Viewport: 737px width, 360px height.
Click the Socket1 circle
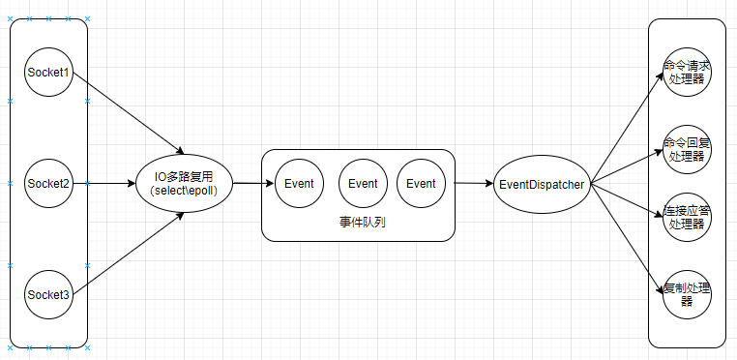point(48,73)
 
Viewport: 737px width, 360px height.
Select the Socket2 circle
point(48,183)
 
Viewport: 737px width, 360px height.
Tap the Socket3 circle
point(48,294)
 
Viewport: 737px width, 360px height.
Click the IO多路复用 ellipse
point(185,183)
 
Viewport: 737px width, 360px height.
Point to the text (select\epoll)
point(185,191)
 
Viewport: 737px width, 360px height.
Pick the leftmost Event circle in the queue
point(300,183)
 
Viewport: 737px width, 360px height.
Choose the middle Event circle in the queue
point(363,183)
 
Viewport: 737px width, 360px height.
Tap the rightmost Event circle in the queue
point(421,183)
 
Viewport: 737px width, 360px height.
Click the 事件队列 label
point(358,223)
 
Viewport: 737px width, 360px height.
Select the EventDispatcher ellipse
point(542,183)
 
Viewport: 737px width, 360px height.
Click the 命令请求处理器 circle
point(688,73)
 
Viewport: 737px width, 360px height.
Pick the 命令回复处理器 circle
point(688,150)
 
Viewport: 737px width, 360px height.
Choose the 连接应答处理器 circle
point(688,218)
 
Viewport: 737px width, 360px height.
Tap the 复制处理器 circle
point(688,294)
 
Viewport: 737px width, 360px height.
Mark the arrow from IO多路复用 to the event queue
point(248,183)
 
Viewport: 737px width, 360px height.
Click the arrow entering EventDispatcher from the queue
point(474,183)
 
